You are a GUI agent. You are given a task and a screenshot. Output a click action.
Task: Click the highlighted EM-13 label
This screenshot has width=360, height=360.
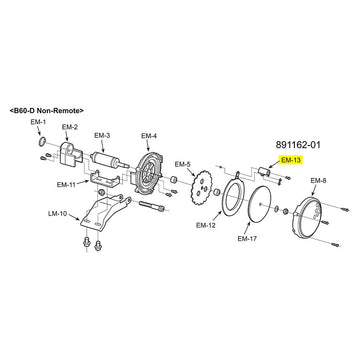point(291,160)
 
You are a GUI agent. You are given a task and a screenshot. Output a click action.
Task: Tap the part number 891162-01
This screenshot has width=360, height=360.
point(298,145)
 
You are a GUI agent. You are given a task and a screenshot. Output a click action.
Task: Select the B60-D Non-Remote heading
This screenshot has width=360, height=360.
point(47,110)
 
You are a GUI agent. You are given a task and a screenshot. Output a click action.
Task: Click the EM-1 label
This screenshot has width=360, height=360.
point(38,122)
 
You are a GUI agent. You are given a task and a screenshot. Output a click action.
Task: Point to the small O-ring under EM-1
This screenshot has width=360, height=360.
point(42,142)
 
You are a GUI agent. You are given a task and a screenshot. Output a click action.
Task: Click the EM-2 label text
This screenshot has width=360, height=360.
point(70,127)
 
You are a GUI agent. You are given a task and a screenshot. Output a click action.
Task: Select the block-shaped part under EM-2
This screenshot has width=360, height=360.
point(70,153)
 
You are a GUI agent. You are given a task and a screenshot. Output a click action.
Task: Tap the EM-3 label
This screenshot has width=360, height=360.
point(102,136)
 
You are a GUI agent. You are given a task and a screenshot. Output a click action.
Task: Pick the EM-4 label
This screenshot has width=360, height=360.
point(149,136)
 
